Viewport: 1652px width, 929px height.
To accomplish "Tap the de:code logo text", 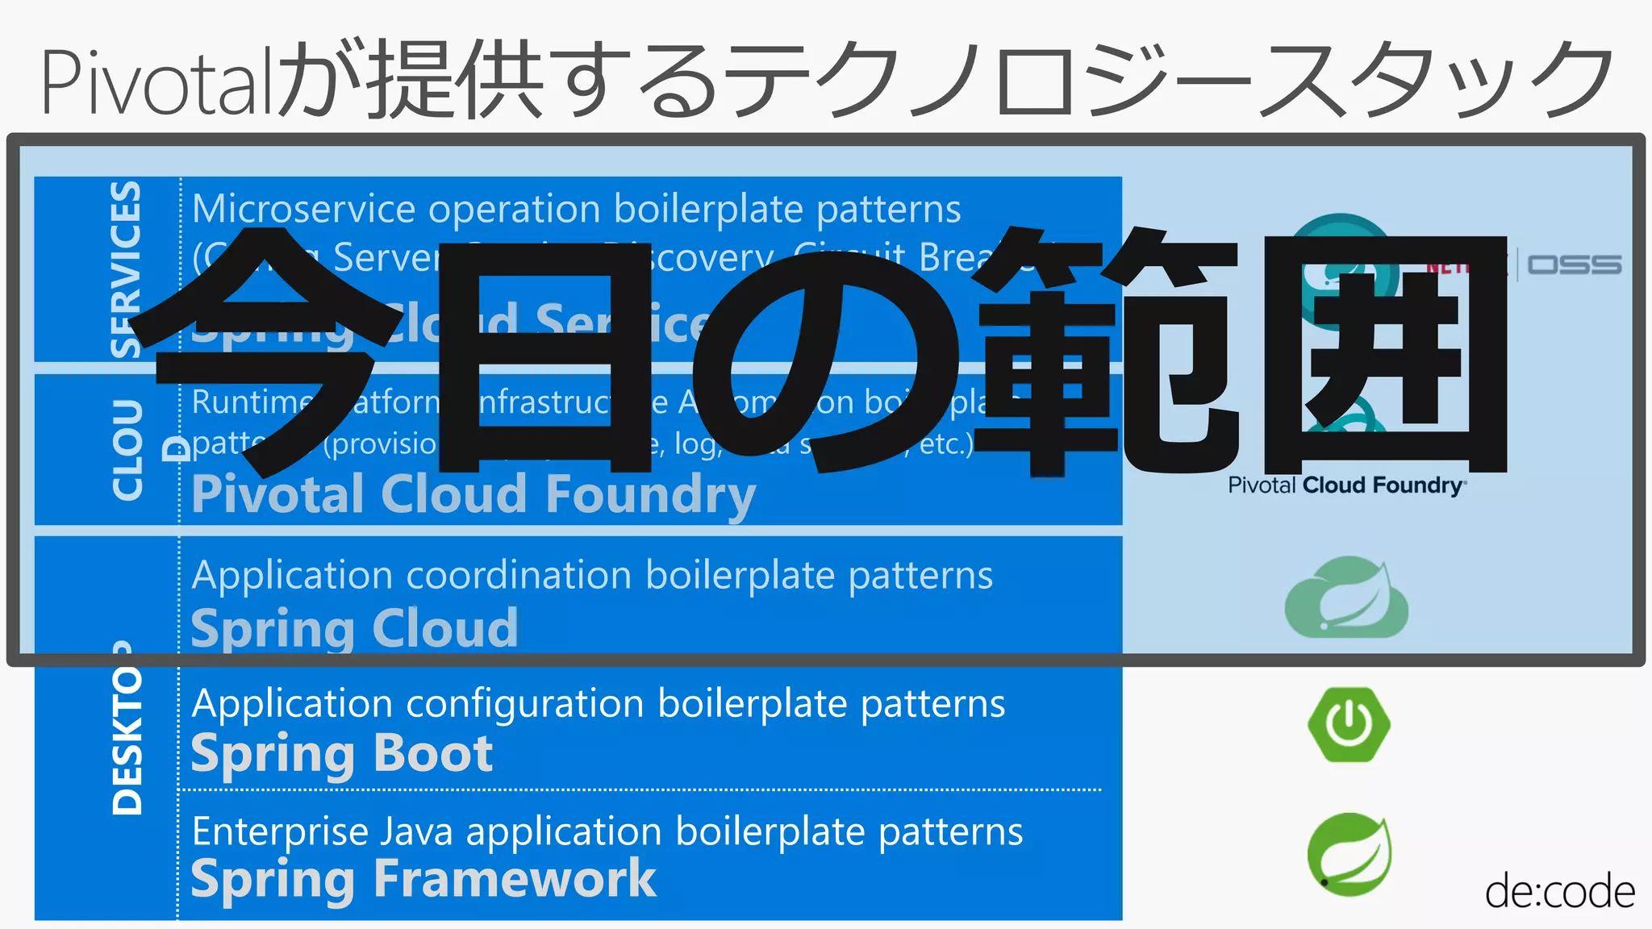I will tap(1559, 892).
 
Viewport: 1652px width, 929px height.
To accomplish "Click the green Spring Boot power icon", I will tap(1349, 723).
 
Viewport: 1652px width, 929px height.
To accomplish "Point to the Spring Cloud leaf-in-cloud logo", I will tap(1346, 598).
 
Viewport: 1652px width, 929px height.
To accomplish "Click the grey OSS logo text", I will tap(1574, 265).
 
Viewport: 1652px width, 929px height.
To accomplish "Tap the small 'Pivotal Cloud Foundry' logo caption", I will tap(1346, 485).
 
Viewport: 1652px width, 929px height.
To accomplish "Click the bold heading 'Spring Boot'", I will tap(342, 755).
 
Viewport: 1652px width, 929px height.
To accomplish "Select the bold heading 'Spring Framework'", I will tap(423, 879).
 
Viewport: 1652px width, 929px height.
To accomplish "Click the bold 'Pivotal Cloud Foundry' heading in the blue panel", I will tap(473, 494).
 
